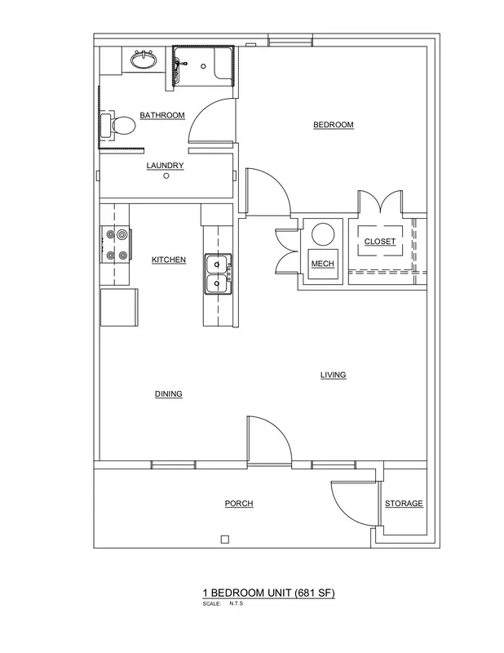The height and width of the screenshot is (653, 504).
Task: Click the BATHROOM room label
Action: click(162, 115)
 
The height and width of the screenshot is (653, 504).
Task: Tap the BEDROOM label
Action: click(334, 125)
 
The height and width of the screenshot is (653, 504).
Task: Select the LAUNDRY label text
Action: click(165, 166)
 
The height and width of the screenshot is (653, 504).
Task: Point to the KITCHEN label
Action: click(169, 260)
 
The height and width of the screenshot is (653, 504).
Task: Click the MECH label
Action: click(322, 264)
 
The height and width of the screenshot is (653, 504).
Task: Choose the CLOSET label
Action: click(379, 242)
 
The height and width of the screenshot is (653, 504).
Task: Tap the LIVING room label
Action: click(333, 375)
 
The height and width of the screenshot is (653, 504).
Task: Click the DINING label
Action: click(169, 394)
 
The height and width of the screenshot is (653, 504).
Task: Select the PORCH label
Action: click(239, 504)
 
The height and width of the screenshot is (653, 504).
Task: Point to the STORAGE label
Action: click(404, 504)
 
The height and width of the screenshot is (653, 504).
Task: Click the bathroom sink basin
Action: click(144, 60)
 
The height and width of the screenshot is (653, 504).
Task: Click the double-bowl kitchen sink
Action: click(218, 274)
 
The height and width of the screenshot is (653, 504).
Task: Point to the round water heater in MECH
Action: click(324, 235)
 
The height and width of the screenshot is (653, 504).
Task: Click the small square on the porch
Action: click(225, 540)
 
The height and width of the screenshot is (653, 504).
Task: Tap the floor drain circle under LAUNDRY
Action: click(166, 175)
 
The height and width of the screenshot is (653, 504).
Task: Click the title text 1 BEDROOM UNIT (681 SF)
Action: click(269, 593)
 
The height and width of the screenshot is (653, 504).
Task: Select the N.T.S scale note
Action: click(236, 603)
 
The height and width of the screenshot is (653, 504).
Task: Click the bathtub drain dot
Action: click(204, 66)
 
